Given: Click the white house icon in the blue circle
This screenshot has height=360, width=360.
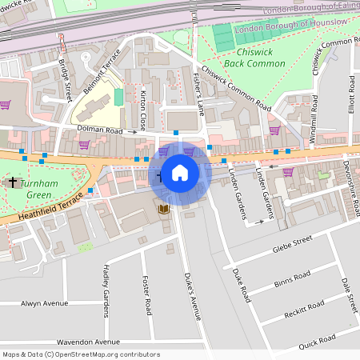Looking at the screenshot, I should [x=179, y=173].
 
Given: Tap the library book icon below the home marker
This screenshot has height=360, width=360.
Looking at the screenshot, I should [x=163, y=210].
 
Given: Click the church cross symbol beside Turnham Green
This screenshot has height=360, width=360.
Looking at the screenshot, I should [x=12, y=182].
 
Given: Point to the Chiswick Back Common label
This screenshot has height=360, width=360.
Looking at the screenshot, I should [x=243, y=55].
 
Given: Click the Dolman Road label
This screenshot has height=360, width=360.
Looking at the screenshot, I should [x=100, y=130].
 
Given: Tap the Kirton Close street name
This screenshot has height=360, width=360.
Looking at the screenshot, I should [x=143, y=110].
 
